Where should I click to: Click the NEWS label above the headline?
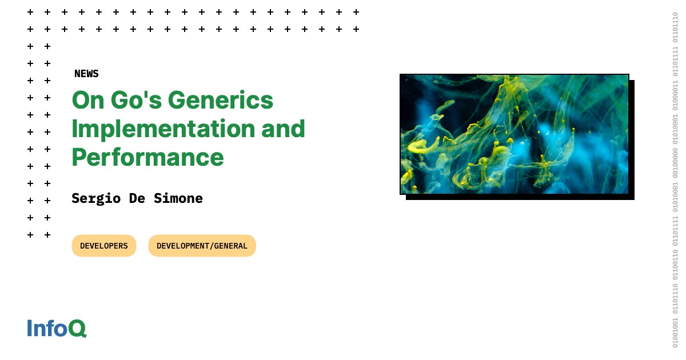[x=86, y=74]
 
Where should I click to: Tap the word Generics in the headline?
[x=221, y=100]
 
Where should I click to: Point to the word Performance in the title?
[x=147, y=157]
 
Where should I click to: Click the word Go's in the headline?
[x=136, y=100]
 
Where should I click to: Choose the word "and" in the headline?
[x=284, y=129]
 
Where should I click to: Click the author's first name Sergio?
[x=96, y=199]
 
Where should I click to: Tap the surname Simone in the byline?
[x=178, y=198]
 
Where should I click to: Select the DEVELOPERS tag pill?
[x=104, y=246]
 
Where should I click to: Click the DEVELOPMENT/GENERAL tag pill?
[x=202, y=246]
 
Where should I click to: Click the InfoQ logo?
[x=57, y=328]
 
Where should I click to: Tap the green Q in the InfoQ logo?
[x=77, y=329]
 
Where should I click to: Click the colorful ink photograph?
[x=514, y=134]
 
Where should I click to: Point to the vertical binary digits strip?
[x=675, y=180]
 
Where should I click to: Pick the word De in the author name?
[x=137, y=198]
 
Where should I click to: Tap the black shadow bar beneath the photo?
[x=520, y=198]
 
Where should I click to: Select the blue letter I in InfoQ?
[x=29, y=328]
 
